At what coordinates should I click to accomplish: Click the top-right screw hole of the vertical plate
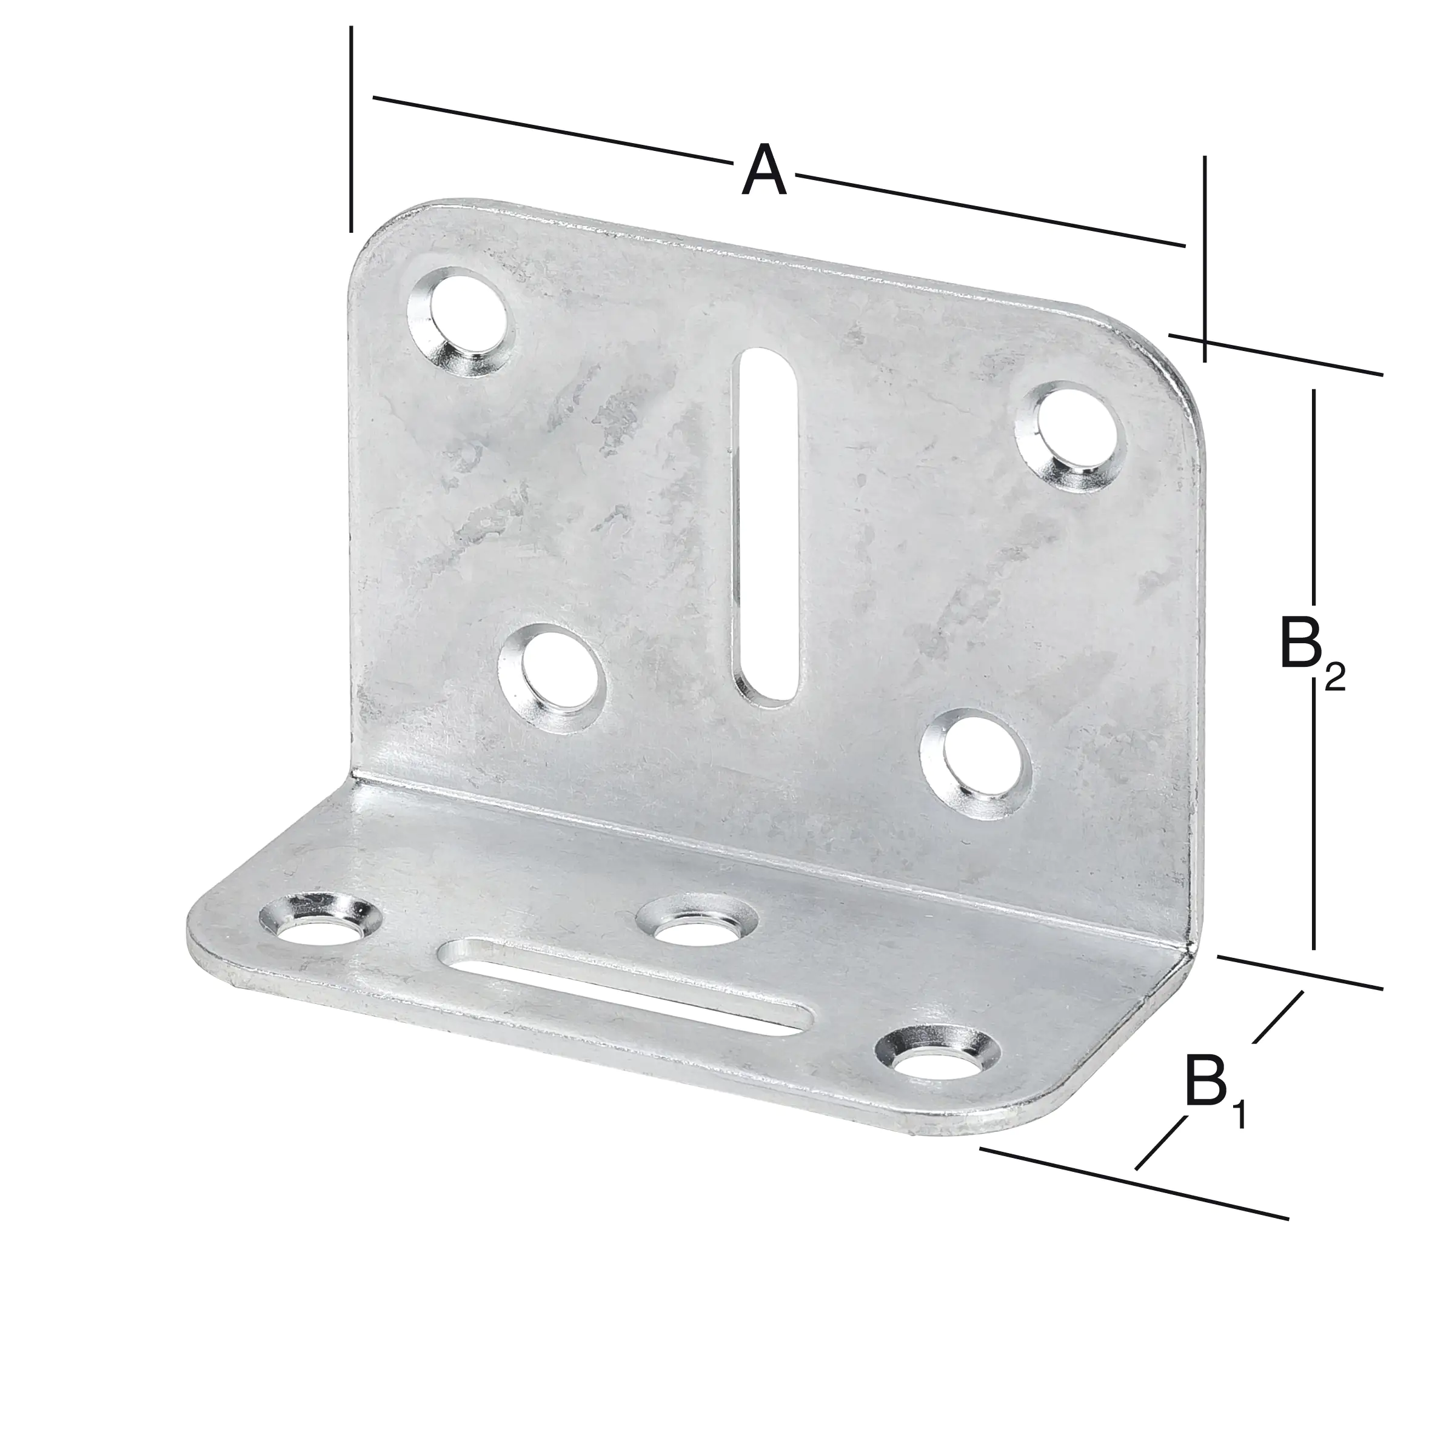tap(1069, 437)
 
